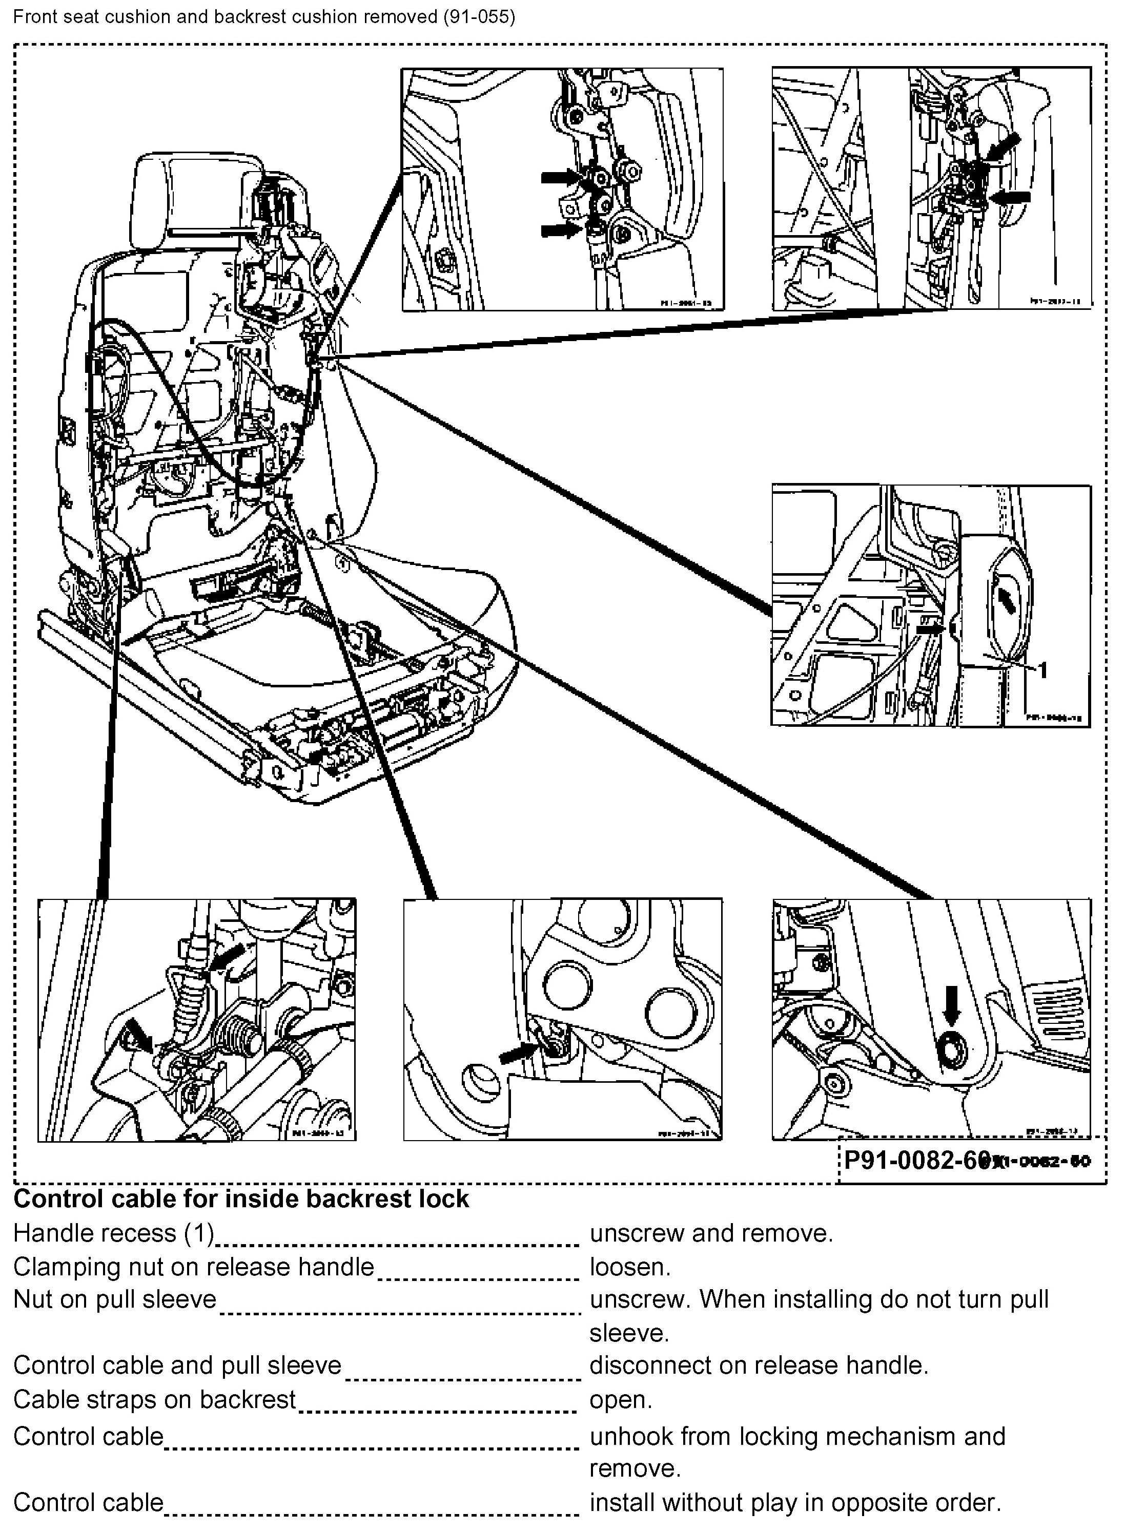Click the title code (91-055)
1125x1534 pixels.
pyautogui.click(x=479, y=16)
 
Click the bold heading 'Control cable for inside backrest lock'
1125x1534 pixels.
pyautogui.click(x=241, y=1199)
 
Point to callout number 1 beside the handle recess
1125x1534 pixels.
pyautogui.click(x=1042, y=669)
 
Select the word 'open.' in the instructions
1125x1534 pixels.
pyautogui.click(x=620, y=1399)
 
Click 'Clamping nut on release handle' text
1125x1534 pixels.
pyautogui.click(x=193, y=1267)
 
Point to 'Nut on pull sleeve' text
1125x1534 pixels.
pyautogui.click(x=114, y=1299)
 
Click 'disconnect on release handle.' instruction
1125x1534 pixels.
pyautogui.click(x=759, y=1365)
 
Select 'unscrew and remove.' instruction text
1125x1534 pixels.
pyautogui.click(x=711, y=1232)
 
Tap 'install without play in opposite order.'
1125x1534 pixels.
pyautogui.click(x=795, y=1502)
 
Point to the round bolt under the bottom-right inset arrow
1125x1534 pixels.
pyautogui.click(x=951, y=1052)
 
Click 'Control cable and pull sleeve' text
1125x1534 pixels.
pyautogui.click(x=177, y=1365)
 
